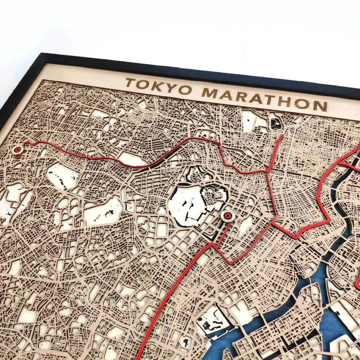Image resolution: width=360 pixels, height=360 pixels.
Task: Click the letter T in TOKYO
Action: point(130,83)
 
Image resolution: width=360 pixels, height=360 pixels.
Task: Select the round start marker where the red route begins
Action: point(17,149)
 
